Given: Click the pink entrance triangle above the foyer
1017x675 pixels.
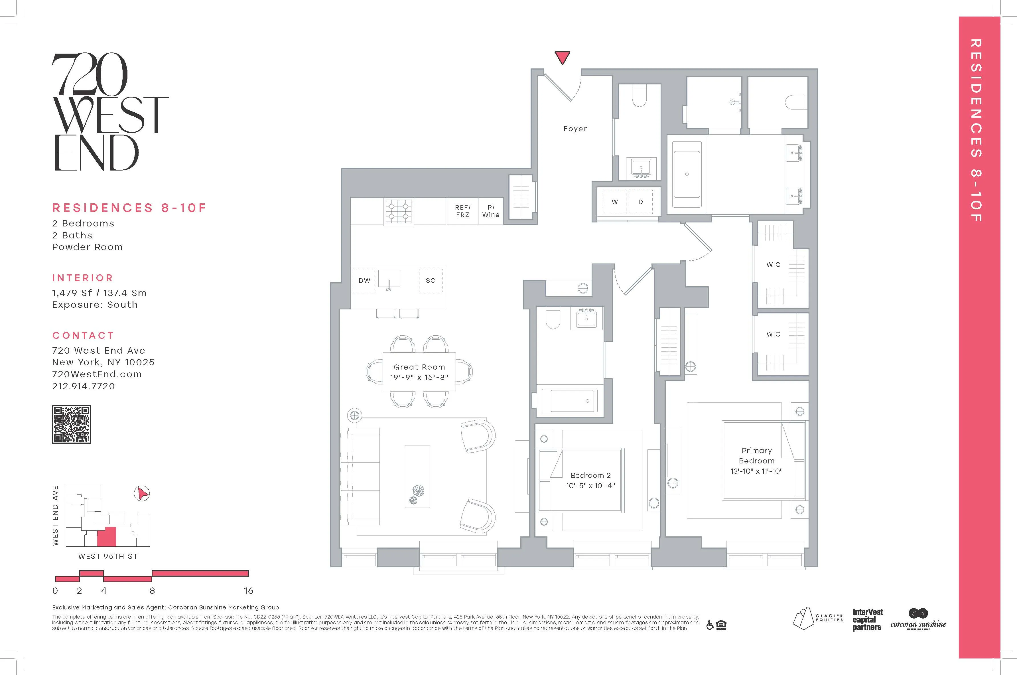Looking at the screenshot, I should pos(562,57).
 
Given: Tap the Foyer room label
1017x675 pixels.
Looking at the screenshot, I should pos(575,129).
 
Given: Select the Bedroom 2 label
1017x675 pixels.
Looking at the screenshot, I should pos(590,476).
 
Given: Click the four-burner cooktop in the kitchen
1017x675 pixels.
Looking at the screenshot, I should pos(399,211).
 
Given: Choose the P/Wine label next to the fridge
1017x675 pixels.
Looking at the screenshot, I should pos(491,211).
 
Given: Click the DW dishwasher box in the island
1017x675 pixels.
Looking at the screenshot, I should pos(364,281).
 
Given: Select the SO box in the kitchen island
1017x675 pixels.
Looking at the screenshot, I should pos(431,281).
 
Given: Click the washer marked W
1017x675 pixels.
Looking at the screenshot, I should pos(615,202).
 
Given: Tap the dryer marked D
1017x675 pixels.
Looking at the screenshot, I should pos(640,202).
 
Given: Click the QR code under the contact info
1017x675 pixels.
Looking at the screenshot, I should pos(72,424).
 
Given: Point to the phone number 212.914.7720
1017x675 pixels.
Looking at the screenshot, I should pos(84,386).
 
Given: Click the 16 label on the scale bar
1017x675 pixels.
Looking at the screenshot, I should pos(248,591).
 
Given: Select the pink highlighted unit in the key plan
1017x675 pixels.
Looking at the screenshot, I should pos(106,537).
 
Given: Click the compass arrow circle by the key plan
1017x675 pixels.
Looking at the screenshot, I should pos(142,493).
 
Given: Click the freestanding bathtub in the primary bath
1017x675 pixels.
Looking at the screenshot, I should pos(687,174).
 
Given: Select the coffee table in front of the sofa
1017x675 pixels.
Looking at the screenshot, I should pos(417,476).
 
